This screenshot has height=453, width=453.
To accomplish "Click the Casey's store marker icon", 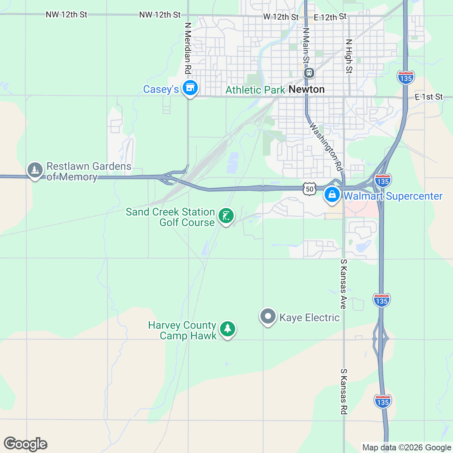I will (190, 88).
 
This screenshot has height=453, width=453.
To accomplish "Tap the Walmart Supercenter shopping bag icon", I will (332, 195).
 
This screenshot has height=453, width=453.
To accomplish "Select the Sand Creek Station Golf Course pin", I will (226, 216).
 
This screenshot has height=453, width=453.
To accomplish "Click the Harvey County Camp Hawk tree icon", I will (227, 329).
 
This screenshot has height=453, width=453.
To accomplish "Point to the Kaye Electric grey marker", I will (268, 316).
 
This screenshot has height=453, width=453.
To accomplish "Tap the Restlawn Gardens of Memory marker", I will (35, 170).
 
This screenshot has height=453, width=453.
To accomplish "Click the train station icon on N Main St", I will (309, 72).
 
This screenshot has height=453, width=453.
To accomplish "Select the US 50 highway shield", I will (310, 189).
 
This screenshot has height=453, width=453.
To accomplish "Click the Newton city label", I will (307, 89).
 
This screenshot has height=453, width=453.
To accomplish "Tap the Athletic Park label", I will (255, 90).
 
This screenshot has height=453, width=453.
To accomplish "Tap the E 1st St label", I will (428, 97).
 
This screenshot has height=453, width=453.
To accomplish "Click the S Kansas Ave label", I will (343, 284).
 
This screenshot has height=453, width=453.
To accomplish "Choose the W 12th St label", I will (281, 17).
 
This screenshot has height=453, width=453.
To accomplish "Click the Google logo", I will (25, 444).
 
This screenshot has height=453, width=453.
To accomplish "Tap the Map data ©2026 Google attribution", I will (407, 448).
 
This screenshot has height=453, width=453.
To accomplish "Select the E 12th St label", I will (330, 17).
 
